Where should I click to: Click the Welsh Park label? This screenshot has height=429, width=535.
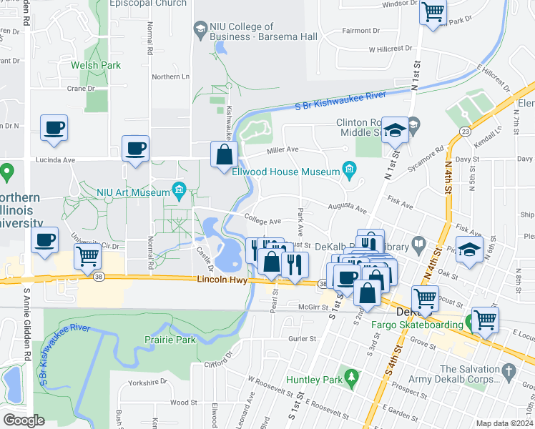pos(95,65)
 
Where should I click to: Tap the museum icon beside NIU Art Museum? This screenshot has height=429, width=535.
pos(179,190)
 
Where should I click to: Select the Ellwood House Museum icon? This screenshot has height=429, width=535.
pos(349,169)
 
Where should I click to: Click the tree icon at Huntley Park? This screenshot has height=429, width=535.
pos(350,375)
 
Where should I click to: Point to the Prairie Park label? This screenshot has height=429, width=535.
pos(170,340)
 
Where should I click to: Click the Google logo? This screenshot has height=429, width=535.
pos(24,420)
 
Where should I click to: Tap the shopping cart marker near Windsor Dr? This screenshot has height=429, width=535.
pos(432,12)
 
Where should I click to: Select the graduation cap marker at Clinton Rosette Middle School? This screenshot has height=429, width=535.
pos(393,130)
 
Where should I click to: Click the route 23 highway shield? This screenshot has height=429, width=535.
pos(465,132)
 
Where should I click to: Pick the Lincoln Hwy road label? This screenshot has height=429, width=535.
pos(222,280)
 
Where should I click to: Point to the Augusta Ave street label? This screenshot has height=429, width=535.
pos(348,208)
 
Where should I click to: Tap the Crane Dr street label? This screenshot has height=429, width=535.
pos(81,89)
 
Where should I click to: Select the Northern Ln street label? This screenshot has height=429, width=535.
pos(170,77)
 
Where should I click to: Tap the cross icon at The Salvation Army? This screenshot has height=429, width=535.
pos(509,371)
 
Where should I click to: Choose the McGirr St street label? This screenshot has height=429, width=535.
pos(298,307)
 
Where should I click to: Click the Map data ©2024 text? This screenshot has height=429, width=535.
pos(505,423)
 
